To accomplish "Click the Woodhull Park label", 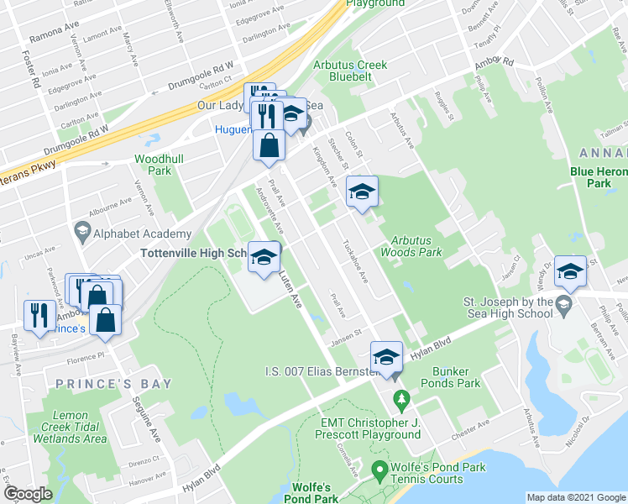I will point(153,164).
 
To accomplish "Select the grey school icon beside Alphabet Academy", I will point(82,229).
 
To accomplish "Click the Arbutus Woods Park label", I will point(411,245).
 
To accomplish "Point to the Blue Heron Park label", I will point(599,176).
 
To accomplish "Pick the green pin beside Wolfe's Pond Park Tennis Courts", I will point(379,469).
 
